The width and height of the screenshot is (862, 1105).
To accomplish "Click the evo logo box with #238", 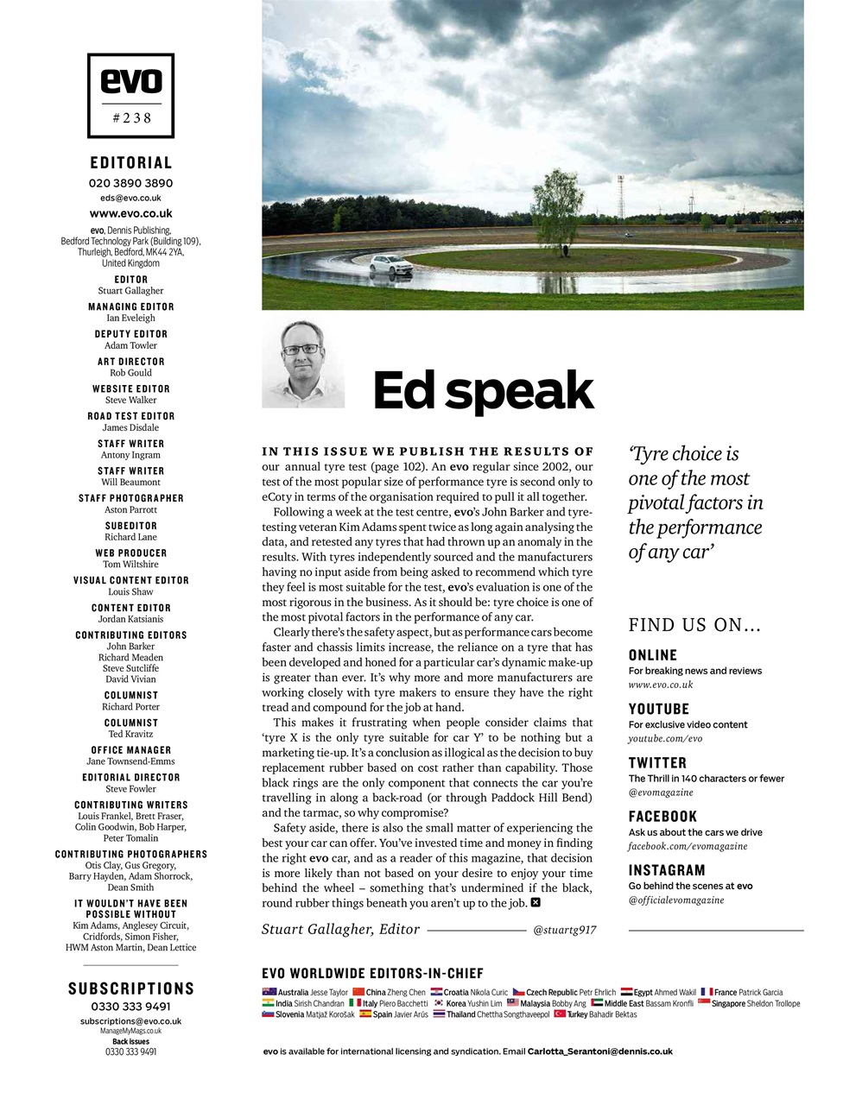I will point(130,96).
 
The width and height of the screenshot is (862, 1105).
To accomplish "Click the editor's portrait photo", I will point(303,363).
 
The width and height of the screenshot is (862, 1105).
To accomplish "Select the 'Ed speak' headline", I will point(483,391).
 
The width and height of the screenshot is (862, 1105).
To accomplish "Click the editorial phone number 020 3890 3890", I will point(130,183).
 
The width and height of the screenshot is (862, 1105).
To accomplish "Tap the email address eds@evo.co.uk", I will point(130,198).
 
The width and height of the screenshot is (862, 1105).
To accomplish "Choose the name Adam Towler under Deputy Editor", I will point(130,345).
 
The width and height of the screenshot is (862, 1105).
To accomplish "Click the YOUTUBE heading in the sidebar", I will point(658,709).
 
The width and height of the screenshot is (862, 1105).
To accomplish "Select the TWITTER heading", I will point(657,763).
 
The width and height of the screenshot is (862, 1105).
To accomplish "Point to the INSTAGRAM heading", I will point(667,870).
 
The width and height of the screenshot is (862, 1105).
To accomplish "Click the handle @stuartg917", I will point(564,931).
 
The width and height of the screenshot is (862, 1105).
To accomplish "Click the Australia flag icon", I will point(269,992).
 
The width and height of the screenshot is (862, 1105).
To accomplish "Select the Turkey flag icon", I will point(560,1014).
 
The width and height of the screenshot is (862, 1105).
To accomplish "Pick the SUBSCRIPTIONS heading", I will point(131,988).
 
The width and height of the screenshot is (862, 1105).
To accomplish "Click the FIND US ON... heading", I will point(694,625).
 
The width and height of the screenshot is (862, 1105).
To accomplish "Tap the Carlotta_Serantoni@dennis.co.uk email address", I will point(599,1051).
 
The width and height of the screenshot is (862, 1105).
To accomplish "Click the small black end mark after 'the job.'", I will point(536,903).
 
